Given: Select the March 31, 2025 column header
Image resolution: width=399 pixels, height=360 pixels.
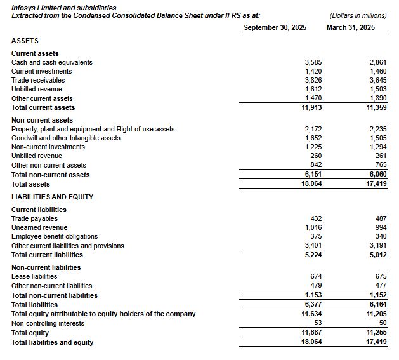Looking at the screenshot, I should [350, 27].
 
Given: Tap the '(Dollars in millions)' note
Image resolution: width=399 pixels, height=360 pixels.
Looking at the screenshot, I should [358, 15].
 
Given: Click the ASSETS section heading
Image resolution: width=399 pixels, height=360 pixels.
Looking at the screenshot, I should [25, 41].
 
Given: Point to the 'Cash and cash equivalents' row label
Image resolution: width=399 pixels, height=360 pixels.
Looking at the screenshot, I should [52, 62].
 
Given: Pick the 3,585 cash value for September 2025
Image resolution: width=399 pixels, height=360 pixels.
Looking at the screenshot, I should [313, 62].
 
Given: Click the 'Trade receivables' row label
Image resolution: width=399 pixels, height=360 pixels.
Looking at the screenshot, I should [38, 80].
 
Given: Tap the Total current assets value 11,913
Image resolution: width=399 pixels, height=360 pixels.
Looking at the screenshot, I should [311, 107].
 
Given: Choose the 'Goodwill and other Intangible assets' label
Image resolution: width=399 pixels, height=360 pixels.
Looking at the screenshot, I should [66, 138].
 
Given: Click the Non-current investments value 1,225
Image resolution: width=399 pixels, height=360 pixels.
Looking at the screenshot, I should [313, 147].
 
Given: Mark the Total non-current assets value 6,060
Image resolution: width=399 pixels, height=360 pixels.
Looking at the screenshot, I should [377, 175].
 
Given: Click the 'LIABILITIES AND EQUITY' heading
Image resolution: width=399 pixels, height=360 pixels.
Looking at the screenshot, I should [52, 197].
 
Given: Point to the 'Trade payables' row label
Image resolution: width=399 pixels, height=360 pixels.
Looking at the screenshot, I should [34, 218].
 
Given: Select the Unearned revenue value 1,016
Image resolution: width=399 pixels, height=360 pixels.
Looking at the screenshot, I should [313, 227].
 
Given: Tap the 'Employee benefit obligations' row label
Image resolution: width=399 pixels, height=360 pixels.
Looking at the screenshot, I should [55, 236].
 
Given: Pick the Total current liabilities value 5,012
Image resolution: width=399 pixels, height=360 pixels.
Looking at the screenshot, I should [377, 255].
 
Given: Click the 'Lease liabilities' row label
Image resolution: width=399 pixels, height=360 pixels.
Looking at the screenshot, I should [34, 276].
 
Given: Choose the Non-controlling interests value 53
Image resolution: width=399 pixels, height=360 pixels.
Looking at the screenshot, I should [318, 323].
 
